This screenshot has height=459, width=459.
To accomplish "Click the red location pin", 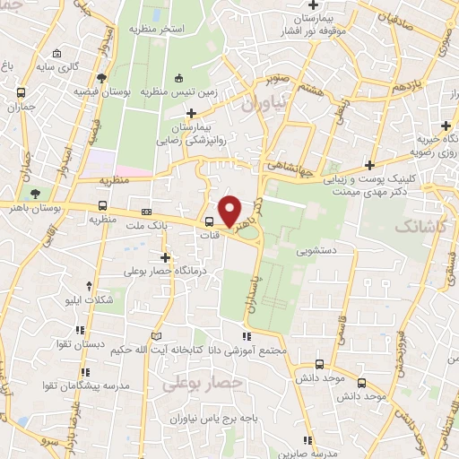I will pos(231,210).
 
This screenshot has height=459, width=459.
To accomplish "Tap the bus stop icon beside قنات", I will pos(209,222).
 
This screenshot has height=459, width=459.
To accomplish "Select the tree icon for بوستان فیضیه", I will pos(105,78).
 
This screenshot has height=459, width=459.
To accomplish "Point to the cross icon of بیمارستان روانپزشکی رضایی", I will pos(190,113).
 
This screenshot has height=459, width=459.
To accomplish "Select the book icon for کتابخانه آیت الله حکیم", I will pos(158,335).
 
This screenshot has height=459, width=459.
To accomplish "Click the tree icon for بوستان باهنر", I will pos(35,194).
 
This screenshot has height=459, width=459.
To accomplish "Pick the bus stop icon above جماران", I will pos(21,92).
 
